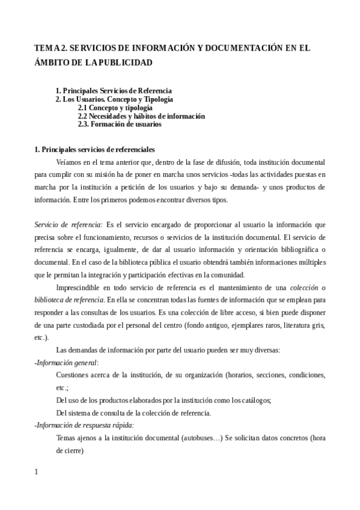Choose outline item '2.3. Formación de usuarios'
coord(120,124)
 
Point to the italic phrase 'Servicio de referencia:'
coord(69,224)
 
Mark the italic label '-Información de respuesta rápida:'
coord(84,425)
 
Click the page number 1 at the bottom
coord(37,472)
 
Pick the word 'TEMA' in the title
coord(47,48)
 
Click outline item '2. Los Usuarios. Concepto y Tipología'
coord(114,99)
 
